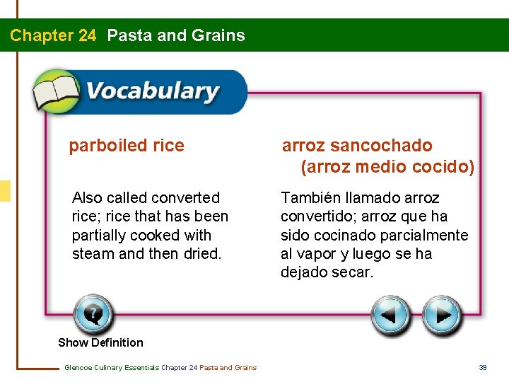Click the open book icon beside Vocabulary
pos(55,92)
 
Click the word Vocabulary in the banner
pos(152,92)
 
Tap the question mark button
pos(93,313)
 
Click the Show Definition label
pos(100,342)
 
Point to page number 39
pos(484,367)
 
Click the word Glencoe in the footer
pos(78,367)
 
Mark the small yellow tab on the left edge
pos(5,191)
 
